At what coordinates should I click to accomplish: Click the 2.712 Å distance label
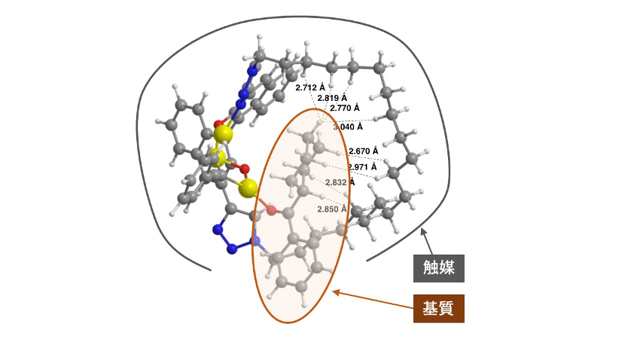(x=310, y=87)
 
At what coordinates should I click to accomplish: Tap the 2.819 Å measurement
(x=332, y=98)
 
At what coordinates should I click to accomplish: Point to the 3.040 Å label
(x=349, y=127)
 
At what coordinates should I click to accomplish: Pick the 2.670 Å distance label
(x=364, y=151)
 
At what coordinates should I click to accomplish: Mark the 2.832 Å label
(x=340, y=182)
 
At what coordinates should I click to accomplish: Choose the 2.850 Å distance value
(x=332, y=209)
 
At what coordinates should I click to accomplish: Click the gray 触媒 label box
(x=438, y=267)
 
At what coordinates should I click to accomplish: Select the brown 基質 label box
(x=438, y=307)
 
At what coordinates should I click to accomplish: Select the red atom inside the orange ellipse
(x=272, y=209)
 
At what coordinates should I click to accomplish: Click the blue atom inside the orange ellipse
(x=256, y=242)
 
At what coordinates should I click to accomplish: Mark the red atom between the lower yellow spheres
(x=242, y=167)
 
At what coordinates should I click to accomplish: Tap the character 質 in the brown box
(x=448, y=307)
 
